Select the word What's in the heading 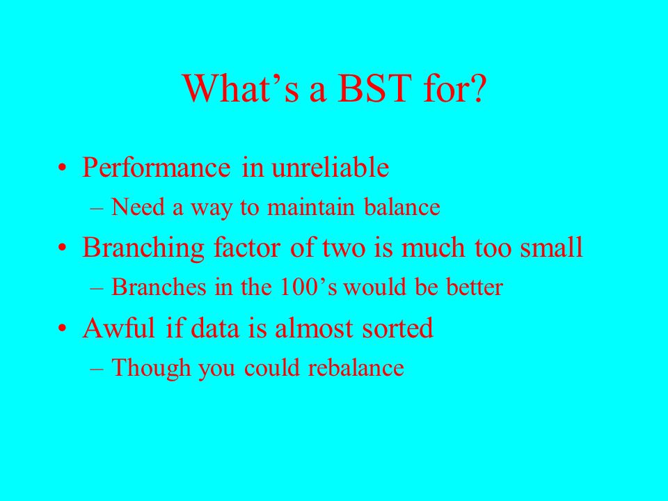tap(241, 88)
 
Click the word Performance tap(157, 167)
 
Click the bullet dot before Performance tap(62, 168)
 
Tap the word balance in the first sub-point tap(402, 207)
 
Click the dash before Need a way tap(97, 208)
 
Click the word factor tap(247, 248)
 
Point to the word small tap(551, 247)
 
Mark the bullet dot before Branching tap(62, 248)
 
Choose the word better tap(475, 287)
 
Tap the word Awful tap(119, 328)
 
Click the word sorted tap(398, 328)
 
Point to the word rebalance tap(356, 367)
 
